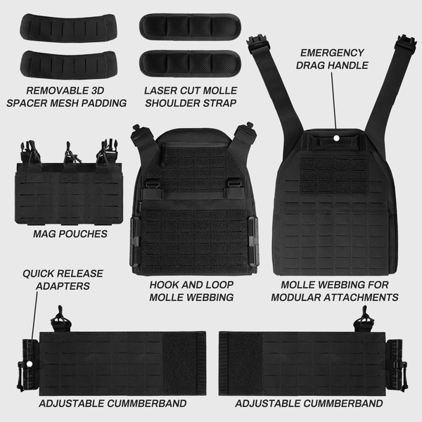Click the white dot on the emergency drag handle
pos(336,138)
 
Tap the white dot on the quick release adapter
pos(30,364)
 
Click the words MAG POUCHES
pos(70,234)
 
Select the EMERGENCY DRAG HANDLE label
pos(332,59)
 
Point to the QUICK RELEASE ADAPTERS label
pos(63,280)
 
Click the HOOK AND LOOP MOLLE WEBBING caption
pos(191,291)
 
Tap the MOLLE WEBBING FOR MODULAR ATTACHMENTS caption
pos(335,291)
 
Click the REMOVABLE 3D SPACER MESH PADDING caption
pos(67,97)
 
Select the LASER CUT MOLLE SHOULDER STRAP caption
pos(191,97)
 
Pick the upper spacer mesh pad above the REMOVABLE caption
pos(68,27)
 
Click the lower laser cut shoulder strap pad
pos(190,64)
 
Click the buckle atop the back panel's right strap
pos(406,42)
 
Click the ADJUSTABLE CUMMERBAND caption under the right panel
pos(309,404)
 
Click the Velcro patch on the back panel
pos(333,175)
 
